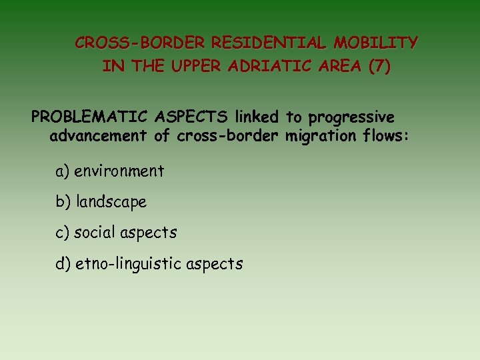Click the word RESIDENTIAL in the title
pos(270,43)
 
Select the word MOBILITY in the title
pos(376,43)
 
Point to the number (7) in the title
pos(378,67)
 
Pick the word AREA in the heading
pos(336,67)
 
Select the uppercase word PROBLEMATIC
pos(90,117)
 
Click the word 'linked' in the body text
pos(256,117)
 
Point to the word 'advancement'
pos(98,137)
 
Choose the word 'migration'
pos(317,137)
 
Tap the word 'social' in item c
pos(95,233)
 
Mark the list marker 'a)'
pos(63,171)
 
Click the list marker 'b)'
pos(63,202)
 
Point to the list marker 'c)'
pos(62,233)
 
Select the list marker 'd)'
pos(63,264)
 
